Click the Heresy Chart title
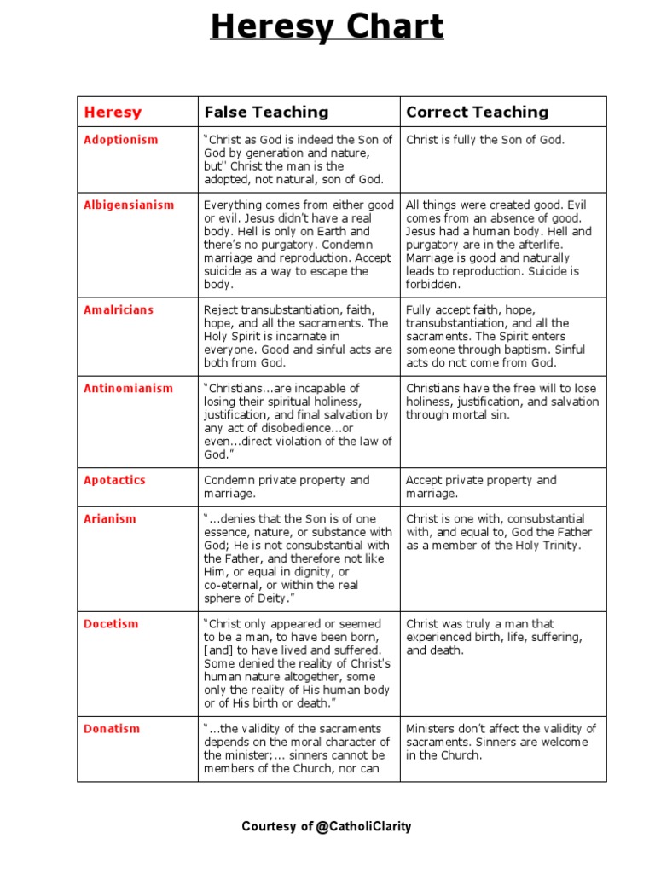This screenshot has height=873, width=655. (x=327, y=27)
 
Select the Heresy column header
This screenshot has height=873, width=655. (x=113, y=112)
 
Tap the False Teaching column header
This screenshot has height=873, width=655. (x=265, y=112)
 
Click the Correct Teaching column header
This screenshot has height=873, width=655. (x=477, y=112)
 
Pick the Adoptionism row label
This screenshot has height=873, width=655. (x=120, y=140)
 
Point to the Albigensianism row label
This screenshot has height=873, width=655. (x=128, y=205)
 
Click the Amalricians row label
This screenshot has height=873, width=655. (x=119, y=309)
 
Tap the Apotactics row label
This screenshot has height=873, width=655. (x=114, y=480)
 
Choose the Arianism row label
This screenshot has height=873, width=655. (x=108, y=518)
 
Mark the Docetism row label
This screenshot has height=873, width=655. (x=111, y=623)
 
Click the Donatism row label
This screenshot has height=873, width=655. (x=111, y=729)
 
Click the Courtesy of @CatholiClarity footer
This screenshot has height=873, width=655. (x=327, y=826)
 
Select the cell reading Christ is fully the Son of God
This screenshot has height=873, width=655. (x=485, y=140)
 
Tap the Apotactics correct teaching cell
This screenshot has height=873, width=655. (x=481, y=487)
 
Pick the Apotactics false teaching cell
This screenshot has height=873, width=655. (x=287, y=487)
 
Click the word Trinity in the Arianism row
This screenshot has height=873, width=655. (x=559, y=546)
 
